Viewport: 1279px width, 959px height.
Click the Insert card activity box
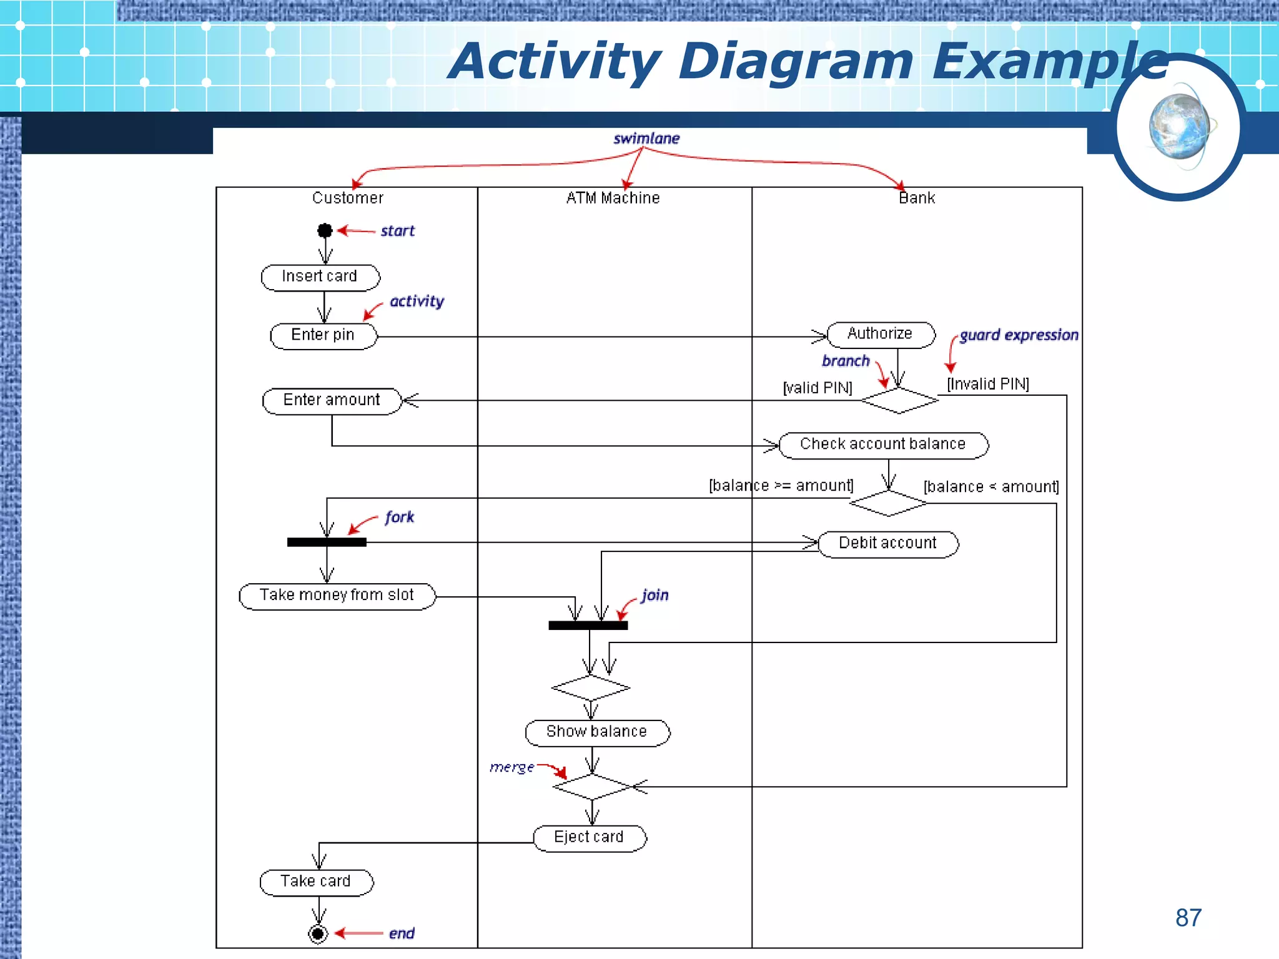coord(320,277)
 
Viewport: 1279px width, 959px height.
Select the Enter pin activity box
coord(323,336)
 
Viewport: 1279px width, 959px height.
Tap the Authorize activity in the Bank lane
coord(881,335)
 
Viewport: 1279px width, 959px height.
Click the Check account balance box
coord(883,445)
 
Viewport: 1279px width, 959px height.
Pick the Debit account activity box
coord(887,544)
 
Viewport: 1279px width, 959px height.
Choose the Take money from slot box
coord(337,596)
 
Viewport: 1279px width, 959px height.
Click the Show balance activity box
coord(597,732)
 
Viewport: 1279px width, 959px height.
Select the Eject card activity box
coord(590,838)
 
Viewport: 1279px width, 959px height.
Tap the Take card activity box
coord(316,882)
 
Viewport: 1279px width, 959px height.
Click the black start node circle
coord(325,231)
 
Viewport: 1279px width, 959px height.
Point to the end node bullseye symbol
coord(318,934)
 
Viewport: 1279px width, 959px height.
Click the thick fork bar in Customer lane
coord(327,542)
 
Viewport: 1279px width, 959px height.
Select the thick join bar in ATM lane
coord(588,625)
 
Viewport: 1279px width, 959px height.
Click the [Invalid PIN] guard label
coord(988,384)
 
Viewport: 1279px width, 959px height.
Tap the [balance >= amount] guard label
coord(781,486)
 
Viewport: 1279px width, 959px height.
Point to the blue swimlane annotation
coord(646,139)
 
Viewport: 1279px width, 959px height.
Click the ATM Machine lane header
coord(613,199)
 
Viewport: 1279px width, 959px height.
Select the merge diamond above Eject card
coord(592,787)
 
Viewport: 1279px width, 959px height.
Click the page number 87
coord(1188,918)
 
